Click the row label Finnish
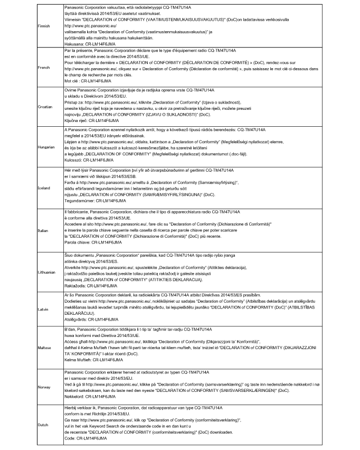point(44,25)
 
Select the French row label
point(44,68)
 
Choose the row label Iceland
point(44,188)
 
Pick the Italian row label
point(43,230)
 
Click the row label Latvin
point(43,308)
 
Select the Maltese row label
point(45,346)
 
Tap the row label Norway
point(45,387)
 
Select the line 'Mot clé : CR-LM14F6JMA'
point(87,82)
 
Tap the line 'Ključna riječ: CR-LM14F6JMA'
point(90,121)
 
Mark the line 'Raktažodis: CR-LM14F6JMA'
point(89,285)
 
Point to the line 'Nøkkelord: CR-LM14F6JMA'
point(89,396)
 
